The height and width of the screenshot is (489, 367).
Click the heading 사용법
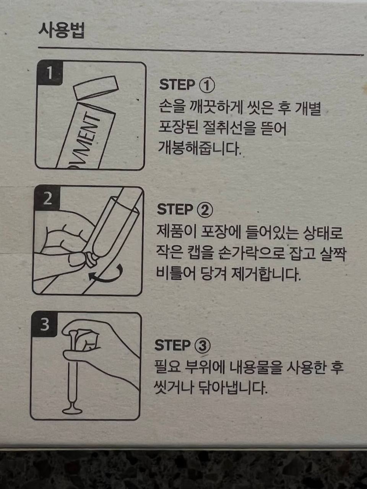tap(62, 31)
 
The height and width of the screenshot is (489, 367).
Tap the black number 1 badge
tap(49, 73)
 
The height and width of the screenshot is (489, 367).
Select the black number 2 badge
tap(47, 198)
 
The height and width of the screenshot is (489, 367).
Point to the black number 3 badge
tap(45, 324)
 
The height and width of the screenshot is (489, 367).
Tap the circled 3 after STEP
tap(202, 345)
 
